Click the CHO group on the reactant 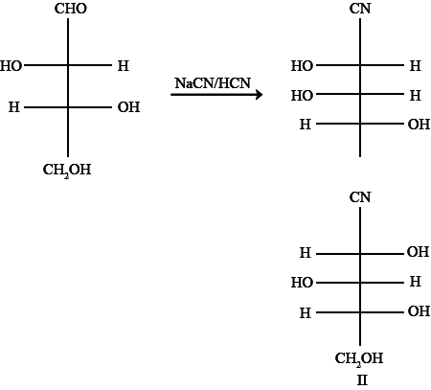[71, 9]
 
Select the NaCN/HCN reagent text [213, 83]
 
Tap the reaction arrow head [260, 95]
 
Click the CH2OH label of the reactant [67, 171]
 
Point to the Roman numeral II [362, 380]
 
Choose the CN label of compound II [360, 197]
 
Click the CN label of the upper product [360, 9]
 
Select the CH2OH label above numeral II [359, 359]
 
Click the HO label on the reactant [11, 66]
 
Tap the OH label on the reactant [128, 107]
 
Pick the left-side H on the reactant [14, 107]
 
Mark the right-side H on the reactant [124, 66]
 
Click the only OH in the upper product [419, 125]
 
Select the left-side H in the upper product [306, 125]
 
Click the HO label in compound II [302, 283]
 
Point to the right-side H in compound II [415, 282]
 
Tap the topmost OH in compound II [418, 252]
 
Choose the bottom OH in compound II [419, 311]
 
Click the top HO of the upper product [302, 66]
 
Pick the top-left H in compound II [306, 253]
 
